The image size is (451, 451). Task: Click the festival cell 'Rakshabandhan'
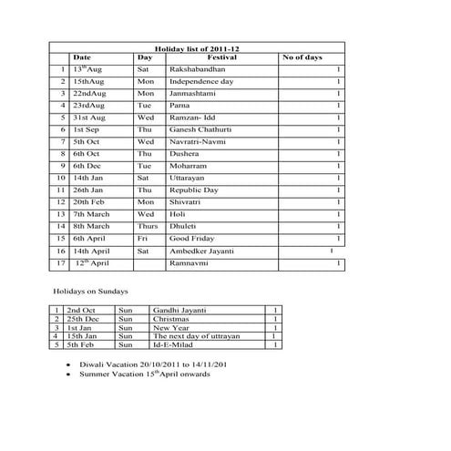click(198, 69)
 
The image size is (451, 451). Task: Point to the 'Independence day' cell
click(201, 82)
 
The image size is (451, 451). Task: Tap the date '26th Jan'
click(88, 190)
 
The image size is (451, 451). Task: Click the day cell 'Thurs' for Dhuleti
click(147, 226)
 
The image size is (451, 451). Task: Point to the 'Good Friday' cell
click(192, 238)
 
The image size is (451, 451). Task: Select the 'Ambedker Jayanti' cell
click(202, 251)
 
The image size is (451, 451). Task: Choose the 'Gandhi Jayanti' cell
click(179, 312)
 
